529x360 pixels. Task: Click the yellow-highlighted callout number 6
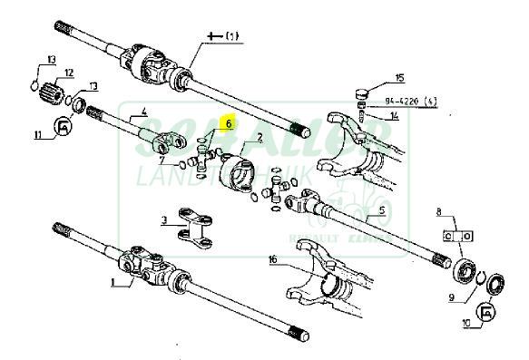tap(230, 122)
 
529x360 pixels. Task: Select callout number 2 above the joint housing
tap(260, 138)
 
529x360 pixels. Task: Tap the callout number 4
tap(142, 114)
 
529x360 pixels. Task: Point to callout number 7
tap(163, 161)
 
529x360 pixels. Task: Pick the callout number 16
tap(271, 259)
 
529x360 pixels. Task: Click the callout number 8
tap(440, 215)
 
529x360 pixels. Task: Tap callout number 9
tap(451, 296)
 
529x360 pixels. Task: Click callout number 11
tap(37, 135)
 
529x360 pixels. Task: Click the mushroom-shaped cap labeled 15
tap(360, 92)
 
